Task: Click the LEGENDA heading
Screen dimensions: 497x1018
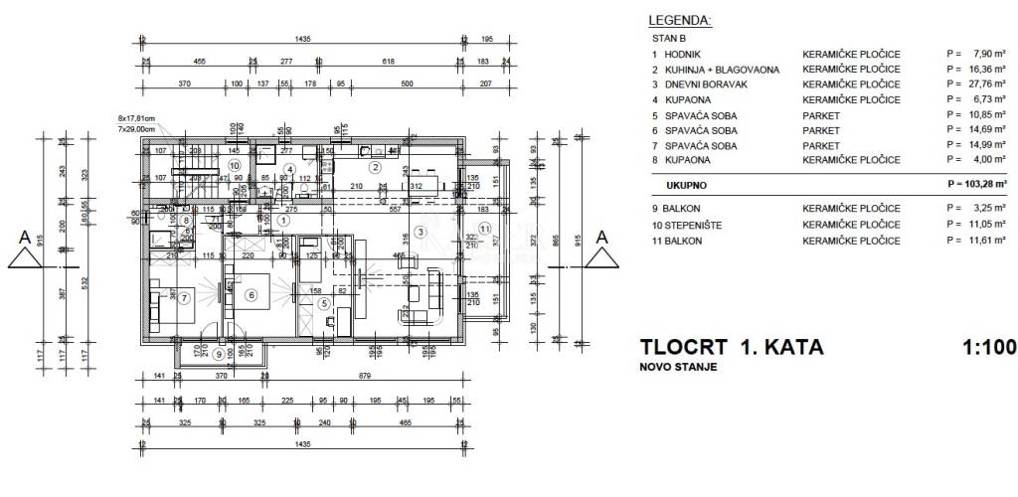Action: point(680,19)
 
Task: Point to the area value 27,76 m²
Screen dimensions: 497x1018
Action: point(978,84)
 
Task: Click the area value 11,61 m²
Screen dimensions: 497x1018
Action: point(978,241)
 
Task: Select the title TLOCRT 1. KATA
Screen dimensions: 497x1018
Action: point(731,348)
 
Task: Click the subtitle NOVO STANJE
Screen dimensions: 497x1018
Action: point(678,368)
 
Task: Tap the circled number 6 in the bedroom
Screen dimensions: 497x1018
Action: point(252,294)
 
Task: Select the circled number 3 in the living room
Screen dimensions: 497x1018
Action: point(421,232)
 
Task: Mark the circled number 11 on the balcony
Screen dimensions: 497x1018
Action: point(484,229)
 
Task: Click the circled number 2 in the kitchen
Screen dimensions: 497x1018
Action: point(375,167)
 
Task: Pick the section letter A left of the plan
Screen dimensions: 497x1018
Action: point(22,238)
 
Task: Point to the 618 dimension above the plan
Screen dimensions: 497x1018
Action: point(389,62)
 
